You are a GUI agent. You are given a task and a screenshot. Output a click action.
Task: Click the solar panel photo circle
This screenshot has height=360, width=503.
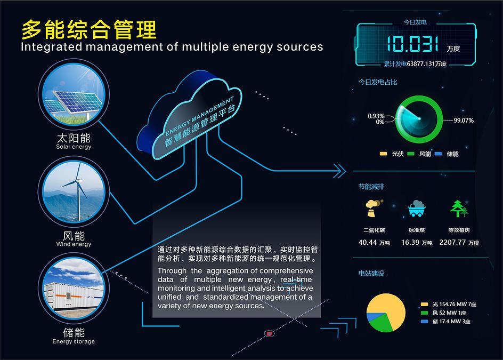(x=74, y=94)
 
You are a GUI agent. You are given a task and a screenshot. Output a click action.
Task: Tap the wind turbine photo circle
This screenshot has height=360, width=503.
(x=74, y=192)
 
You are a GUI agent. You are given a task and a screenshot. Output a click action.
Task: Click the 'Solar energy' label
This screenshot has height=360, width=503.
(x=74, y=147)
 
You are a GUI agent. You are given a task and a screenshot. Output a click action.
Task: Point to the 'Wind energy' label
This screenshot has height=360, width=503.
(x=74, y=244)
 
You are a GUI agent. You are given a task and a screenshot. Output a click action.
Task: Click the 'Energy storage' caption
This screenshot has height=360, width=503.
(x=74, y=341)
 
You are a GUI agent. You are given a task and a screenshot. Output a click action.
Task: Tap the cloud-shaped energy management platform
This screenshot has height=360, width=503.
(x=189, y=116)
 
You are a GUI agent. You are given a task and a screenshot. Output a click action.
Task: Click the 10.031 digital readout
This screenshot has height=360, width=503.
(x=412, y=44)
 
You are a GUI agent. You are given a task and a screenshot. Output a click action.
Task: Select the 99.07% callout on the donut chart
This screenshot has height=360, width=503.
(x=464, y=121)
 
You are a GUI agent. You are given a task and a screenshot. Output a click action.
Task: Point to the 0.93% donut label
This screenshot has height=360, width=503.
(x=376, y=116)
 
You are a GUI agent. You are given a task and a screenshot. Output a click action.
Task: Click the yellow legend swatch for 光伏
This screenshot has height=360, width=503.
(x=383, y=154)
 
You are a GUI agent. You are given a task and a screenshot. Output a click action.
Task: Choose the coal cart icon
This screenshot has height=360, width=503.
(x=416, y=209)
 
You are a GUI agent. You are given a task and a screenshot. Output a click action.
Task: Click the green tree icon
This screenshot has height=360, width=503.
(x=459, y=209)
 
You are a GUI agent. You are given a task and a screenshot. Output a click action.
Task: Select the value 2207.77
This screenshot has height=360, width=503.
(x=452, y=243)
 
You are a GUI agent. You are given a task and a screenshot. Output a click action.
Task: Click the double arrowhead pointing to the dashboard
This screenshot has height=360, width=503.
(x=339, y=171)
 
